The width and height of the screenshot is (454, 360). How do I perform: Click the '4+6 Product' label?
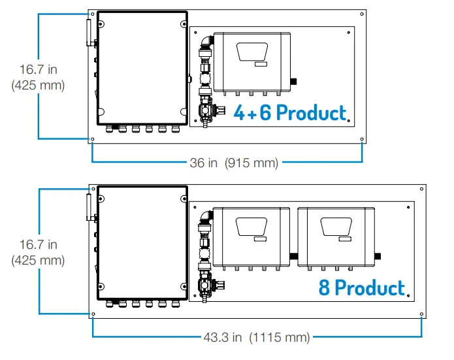290,112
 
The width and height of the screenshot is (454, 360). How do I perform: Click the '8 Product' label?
362,287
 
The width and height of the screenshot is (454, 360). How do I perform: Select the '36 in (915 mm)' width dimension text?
234,163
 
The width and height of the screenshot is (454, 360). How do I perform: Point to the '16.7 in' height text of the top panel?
38,69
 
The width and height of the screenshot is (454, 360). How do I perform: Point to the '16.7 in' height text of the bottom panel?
38,244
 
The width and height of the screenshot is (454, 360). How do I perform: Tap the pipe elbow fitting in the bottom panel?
206,218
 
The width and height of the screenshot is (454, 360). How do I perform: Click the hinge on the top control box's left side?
89,33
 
